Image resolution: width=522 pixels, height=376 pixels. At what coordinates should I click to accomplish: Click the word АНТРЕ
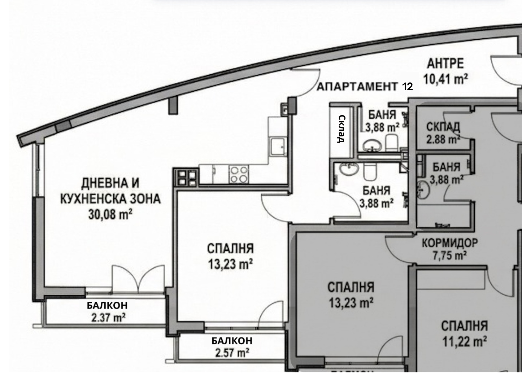point(445,64)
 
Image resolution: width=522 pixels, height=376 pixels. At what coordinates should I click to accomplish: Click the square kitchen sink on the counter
point(277,147)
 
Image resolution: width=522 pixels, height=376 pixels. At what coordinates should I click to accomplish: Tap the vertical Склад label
point(342,129)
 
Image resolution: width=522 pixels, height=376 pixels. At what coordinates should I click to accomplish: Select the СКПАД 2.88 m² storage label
point(443,133)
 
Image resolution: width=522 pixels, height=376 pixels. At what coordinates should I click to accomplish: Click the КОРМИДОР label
point(450,243)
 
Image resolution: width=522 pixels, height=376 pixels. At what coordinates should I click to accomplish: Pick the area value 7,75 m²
point(450,256)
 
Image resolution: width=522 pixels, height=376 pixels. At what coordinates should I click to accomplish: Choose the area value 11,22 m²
point(465,341)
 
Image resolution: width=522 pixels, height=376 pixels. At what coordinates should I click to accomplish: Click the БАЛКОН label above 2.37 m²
point(107,306)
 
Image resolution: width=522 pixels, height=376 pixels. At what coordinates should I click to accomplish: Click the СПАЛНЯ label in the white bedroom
point(230,249)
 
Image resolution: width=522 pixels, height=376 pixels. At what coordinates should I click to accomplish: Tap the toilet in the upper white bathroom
point(391,143)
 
